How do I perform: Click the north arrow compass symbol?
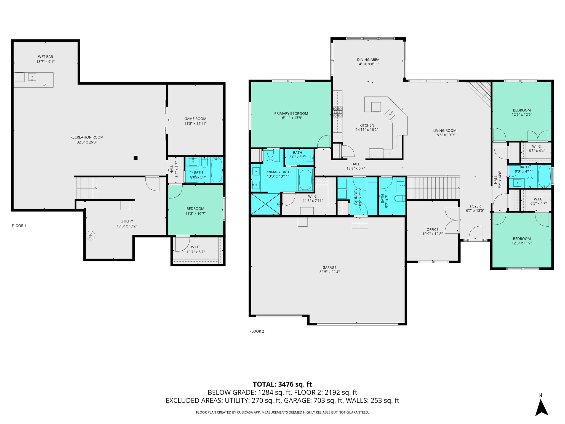point(541,407)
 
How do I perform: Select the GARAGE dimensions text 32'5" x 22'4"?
point(329,272)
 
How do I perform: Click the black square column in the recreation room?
point(135,158)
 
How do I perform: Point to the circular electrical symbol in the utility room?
point(90,235)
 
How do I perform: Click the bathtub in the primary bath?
point(305,180)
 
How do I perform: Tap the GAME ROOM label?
point(195,119)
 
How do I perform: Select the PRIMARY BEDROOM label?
point(291,113)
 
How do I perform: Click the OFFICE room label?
point(432,230)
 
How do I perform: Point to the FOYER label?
point(475,206)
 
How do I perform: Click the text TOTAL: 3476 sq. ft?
point(282,384)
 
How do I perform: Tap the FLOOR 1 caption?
point(19,226)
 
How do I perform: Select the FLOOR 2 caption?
point(257,331)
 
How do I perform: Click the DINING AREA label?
point(368,60)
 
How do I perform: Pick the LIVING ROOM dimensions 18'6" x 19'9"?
point(445,135)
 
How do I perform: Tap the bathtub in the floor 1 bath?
point(217,170)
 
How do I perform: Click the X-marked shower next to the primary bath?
point(265,204)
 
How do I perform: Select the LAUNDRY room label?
point(356,197)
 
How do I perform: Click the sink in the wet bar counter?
point(32,77)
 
